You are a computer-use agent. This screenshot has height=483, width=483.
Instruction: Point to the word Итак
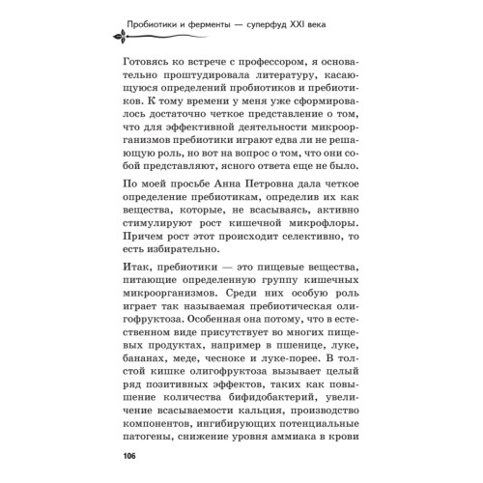click(x=137, y=276)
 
